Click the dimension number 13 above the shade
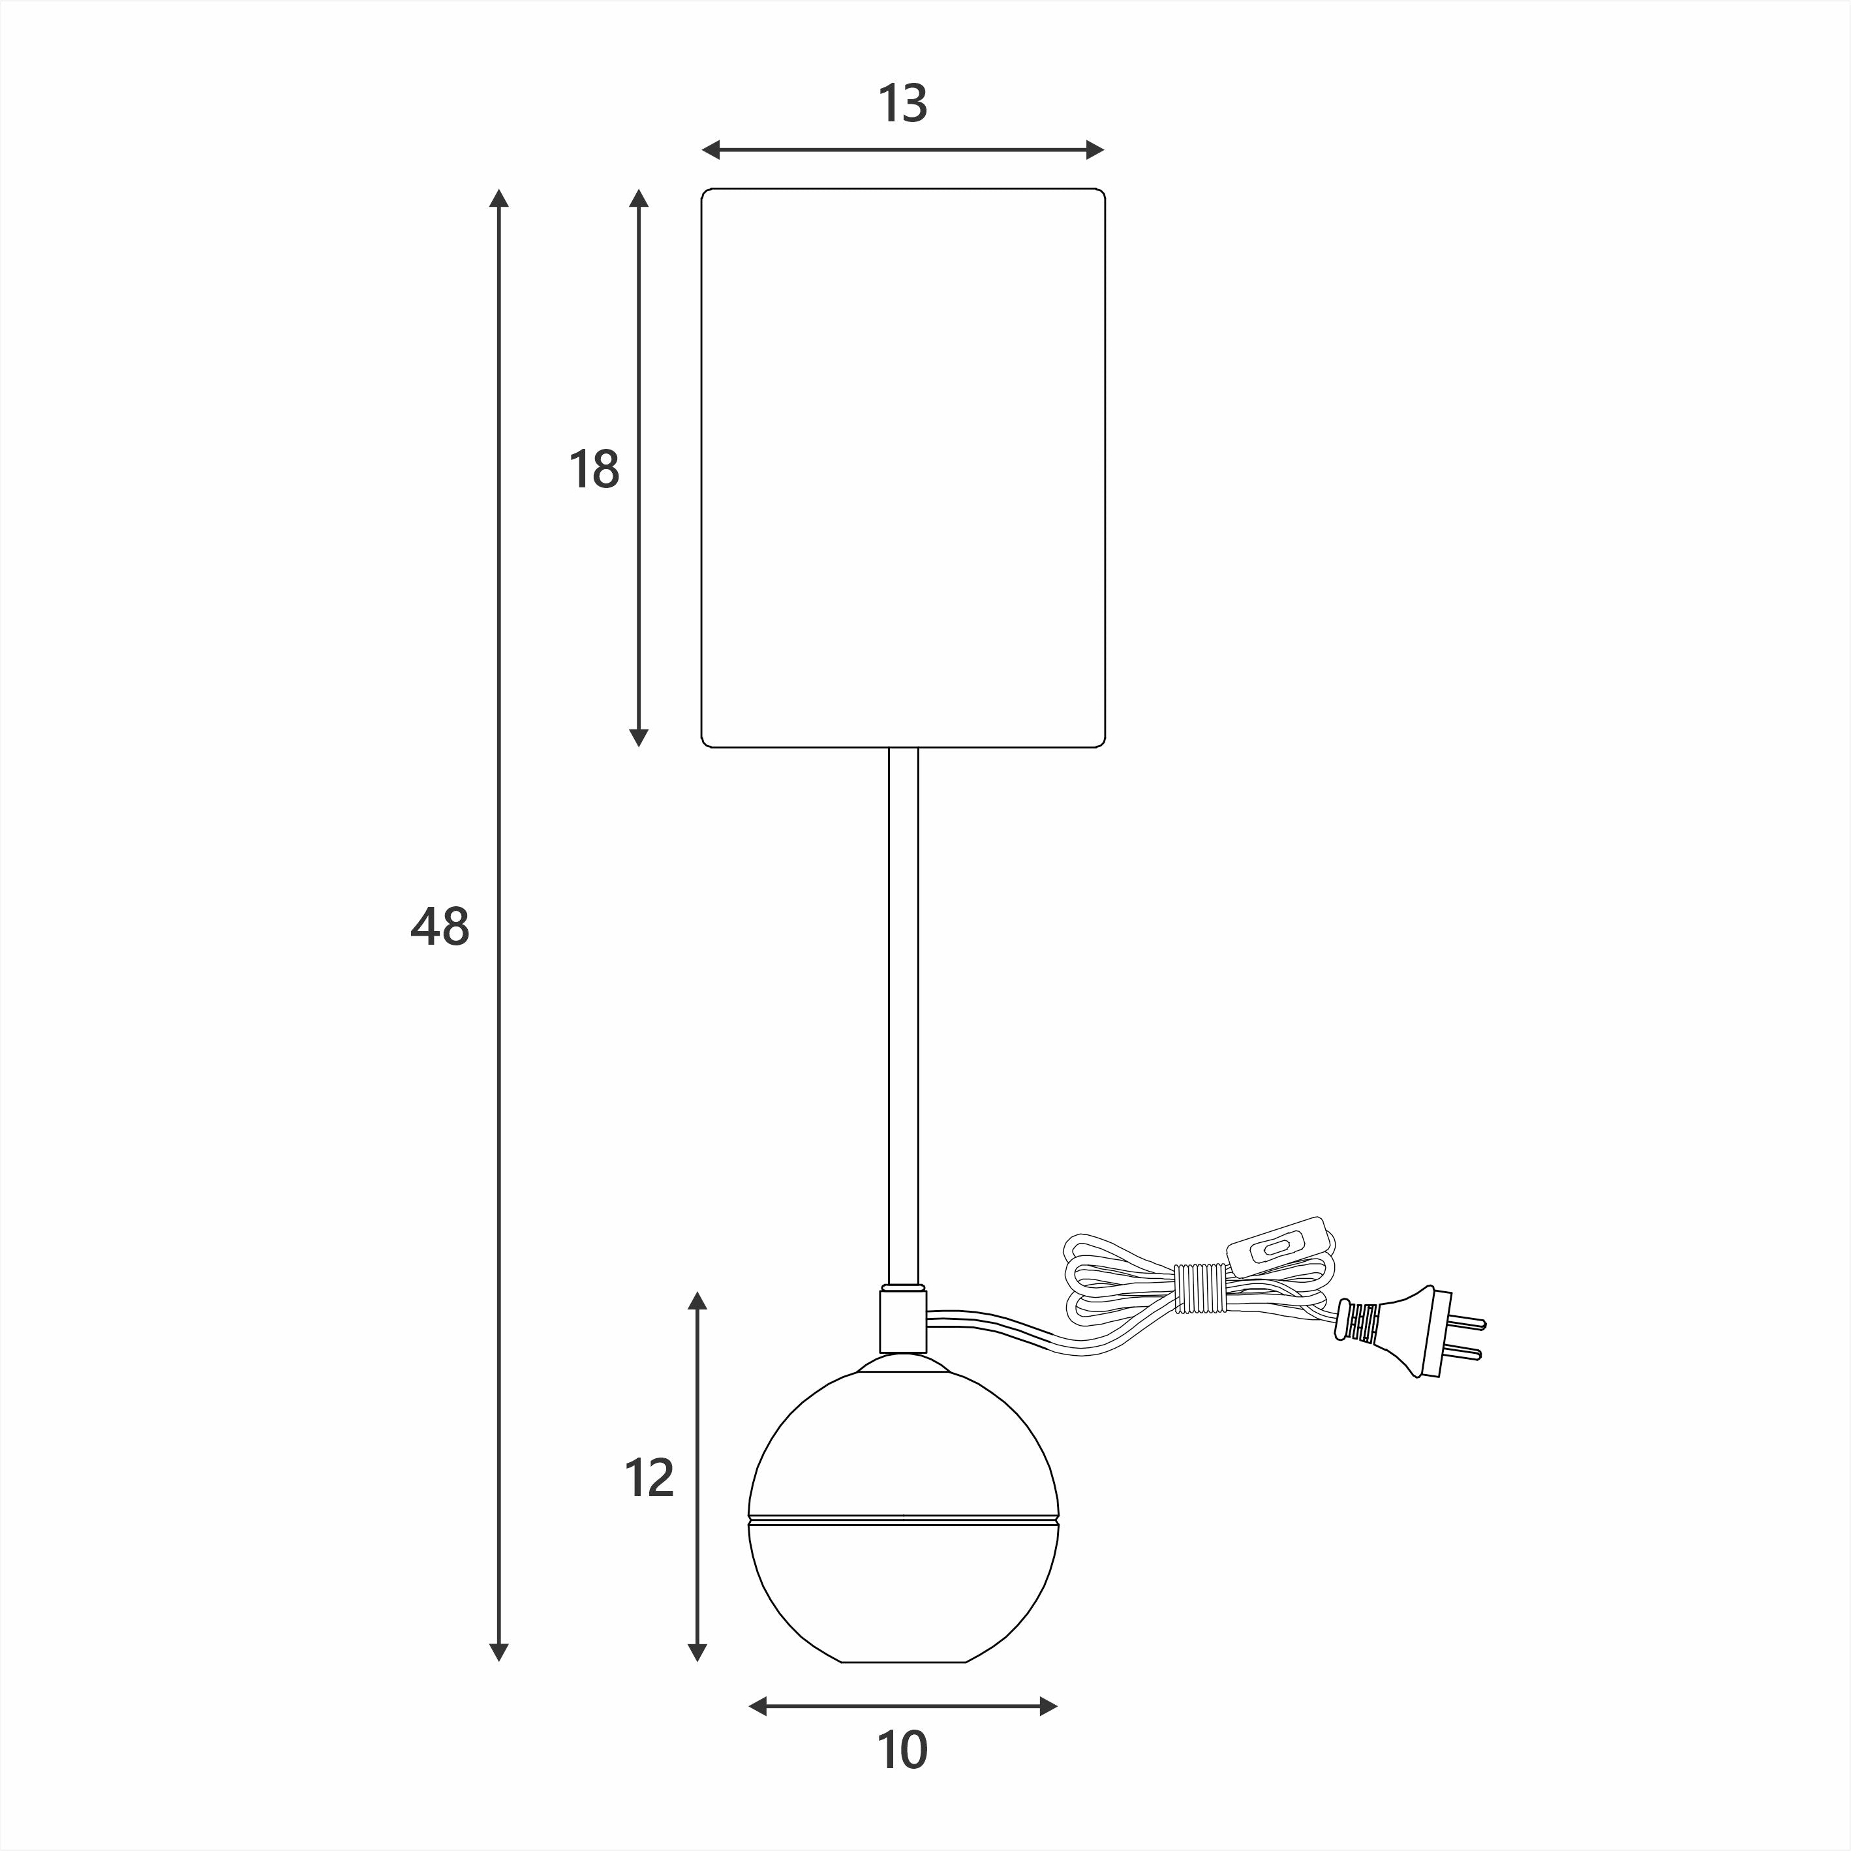(902, 104)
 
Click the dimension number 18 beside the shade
(594, 470)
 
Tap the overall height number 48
(440, 927)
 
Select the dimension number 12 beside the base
(650, 1478)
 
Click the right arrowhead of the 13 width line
(1095, 149)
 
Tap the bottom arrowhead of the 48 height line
(498, 1652)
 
